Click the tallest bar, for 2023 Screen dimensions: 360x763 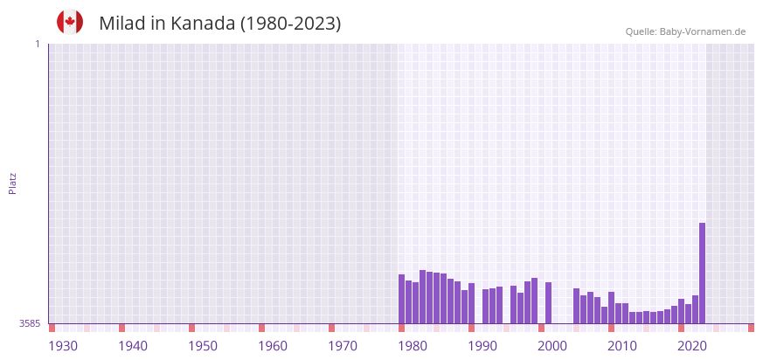[x=702, y=273]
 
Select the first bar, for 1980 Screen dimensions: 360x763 [x=402, y=299]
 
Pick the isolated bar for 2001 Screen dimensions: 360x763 [x=548, y=302]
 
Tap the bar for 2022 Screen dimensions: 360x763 [x=695, y=309]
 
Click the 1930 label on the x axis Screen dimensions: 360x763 [x=63, y=346]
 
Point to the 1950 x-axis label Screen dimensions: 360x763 [x=203, y=346]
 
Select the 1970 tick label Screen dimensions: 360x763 [x=343, y=346]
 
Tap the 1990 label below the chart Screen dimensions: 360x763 [x=482, y=346]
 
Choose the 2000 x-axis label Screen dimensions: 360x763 [x=552, y=346]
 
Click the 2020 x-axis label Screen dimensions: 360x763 [x=692, y=346]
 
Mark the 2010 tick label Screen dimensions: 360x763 [x=622, y=346]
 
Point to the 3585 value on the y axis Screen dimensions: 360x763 [x=30, y=324]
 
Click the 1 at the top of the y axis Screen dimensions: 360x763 [x=37, y=44]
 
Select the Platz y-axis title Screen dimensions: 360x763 [x=13, y=183]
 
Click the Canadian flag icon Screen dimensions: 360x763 [x=70, y=23]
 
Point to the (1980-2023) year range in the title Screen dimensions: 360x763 [x=290, y=24]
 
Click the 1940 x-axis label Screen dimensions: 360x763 [x=133, y=346]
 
